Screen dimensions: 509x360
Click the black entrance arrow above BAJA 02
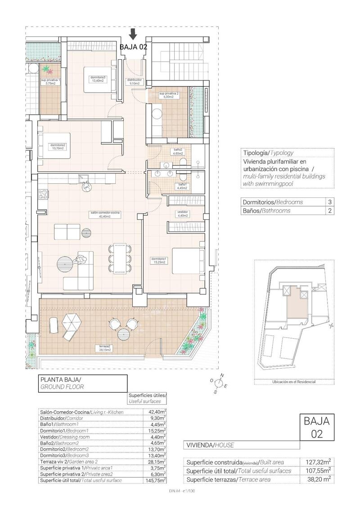133,34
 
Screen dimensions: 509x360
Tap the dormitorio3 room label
98,79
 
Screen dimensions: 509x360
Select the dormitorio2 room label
58,147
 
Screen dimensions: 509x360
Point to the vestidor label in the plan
182,213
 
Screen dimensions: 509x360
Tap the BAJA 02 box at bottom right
317,427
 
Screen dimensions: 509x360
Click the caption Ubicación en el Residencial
294,382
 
